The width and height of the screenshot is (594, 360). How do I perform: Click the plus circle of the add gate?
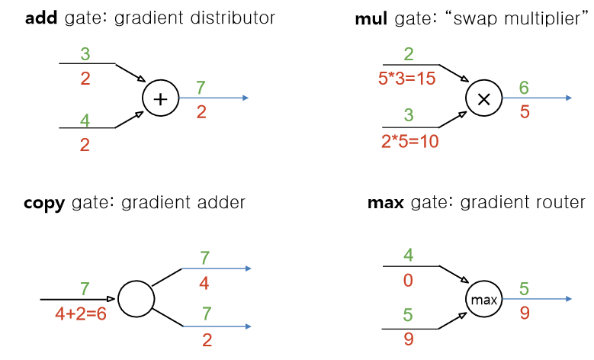pyautogui.click(x=161, y=98)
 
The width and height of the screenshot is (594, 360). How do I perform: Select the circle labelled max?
pyautogui.click(x=483, y=300)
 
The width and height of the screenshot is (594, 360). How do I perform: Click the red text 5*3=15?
pyautogui.click(x=407, y=78)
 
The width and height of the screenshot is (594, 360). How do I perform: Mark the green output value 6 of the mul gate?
pyautogui.click(x=525, y=88)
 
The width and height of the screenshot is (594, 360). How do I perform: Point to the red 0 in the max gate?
pyautogui.click(x=408, y=281)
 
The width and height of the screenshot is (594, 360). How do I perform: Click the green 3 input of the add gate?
pyautogui.click(x=85, y=54)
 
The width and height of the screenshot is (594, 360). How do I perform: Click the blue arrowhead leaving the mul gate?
pyautogui.click(x=568, y=98)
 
